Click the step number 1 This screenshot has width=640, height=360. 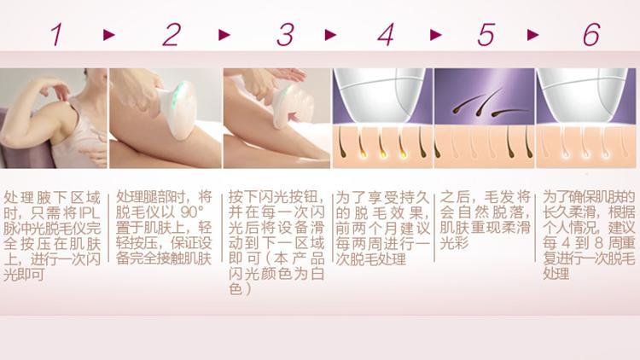pos(57,34)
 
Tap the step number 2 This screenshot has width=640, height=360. pos(172,34)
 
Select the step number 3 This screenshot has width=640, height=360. pos(285,34)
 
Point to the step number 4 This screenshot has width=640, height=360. pos(386,34)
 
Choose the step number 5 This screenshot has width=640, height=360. pos(486,34)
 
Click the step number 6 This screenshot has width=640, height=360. pos(591,34)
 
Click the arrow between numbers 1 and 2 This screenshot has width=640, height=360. pos(109,35)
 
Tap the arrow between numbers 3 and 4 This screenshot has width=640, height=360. pos(330,35)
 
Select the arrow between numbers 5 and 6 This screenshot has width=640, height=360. pos(533,35)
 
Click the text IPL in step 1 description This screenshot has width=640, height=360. pos(90,212)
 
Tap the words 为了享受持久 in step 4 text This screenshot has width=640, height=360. pos(382,198)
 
